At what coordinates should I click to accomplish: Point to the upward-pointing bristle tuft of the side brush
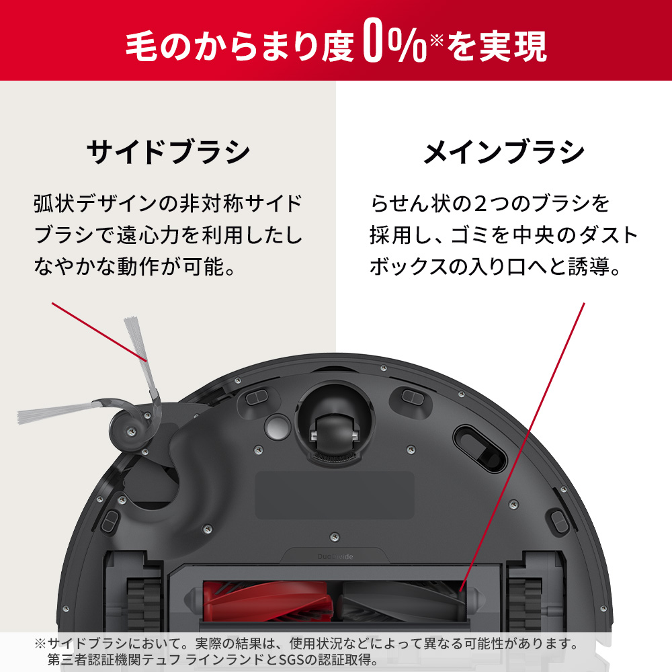click(x=136, y=339)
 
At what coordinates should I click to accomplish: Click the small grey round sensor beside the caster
click(x=276, y=425)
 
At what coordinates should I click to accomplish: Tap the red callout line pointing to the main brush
click(x=524, y=444)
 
